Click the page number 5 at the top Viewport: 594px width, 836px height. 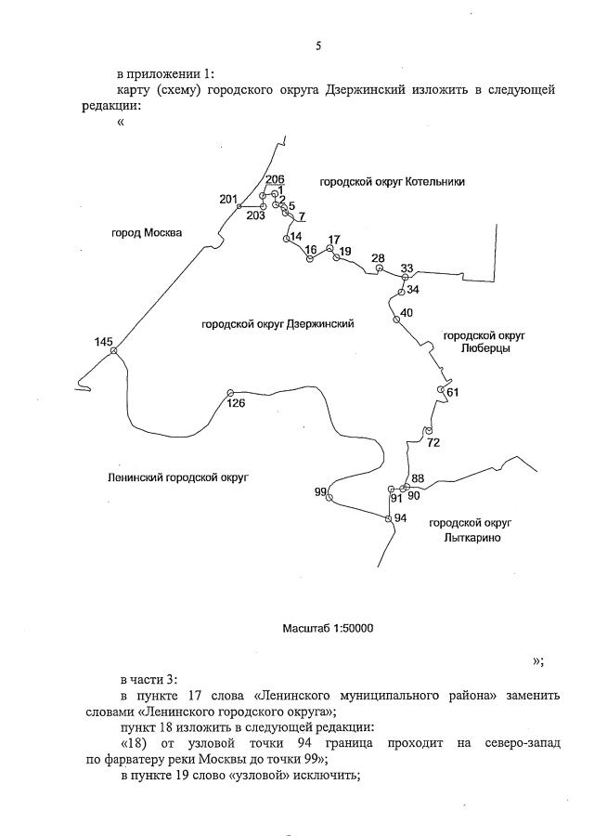point(318,46)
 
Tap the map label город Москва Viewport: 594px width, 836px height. point(147,232)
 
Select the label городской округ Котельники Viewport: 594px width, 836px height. point(392,182)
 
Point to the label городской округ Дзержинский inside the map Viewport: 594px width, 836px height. point(278,324)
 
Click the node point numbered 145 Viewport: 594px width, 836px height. point(113,351)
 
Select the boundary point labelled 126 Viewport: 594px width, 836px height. point(229,393)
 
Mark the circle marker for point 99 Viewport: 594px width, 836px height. point(329,499)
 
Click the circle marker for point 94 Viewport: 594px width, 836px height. point(389,518)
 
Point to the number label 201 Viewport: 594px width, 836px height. point(228,200)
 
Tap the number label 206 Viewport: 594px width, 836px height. point(275,179)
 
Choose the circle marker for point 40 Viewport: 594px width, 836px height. point(396,319)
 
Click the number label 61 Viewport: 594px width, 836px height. point(453,393)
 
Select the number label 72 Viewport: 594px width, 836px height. point(433,442)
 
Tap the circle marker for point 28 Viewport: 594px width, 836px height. point(379,268)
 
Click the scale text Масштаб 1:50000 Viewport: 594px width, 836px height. point(328,629)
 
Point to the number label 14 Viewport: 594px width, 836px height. point(296,237)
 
